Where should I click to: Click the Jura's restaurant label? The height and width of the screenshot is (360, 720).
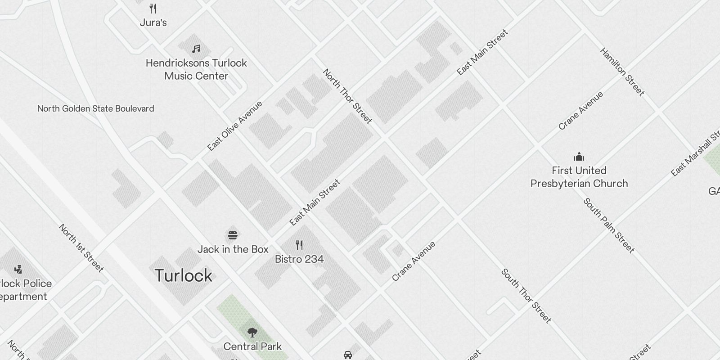point(153,22)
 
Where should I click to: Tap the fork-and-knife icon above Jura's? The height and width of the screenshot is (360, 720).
point(153,8)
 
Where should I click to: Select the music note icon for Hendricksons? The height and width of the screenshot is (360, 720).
point(196,49)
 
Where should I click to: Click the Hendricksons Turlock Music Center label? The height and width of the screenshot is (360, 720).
point(196,69)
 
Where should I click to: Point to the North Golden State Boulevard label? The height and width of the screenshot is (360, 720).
point(95,108)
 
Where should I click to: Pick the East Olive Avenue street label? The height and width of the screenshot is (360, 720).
point(234,126)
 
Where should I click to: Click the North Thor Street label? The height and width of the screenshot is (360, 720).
point(347,96)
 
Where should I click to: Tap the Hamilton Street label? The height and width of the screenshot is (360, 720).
point(622,72)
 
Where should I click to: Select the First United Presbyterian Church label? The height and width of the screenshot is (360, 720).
point(579,177)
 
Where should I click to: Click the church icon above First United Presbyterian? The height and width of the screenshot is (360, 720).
point(579,157)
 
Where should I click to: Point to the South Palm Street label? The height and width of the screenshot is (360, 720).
point(609,225)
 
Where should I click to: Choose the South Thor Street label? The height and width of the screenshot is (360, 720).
point(526,296)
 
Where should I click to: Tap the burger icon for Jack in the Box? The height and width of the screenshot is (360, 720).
point(233,235)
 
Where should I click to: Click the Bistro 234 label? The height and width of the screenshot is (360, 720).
point(299,259)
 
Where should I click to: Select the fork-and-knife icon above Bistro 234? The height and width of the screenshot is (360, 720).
point(299,245)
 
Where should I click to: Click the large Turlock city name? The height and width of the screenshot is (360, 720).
point(183,275)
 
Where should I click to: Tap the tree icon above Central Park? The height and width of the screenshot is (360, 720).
point(252,333)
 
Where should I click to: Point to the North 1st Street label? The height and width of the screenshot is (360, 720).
point(81,248)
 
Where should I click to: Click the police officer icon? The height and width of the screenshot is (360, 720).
point(18,269)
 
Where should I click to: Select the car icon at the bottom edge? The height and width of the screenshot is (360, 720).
point(347,355)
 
